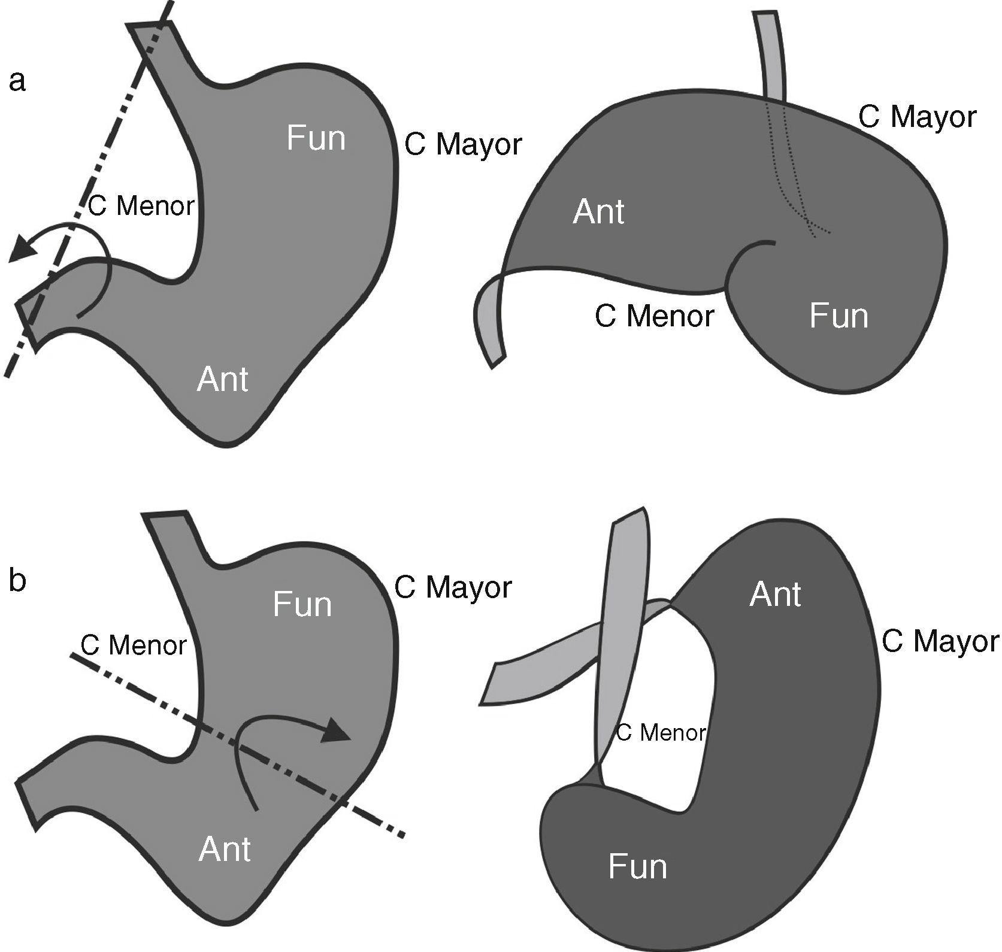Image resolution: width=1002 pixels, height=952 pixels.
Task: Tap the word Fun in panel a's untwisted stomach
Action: [316, 138]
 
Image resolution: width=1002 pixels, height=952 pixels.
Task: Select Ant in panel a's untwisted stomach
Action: [222, 380]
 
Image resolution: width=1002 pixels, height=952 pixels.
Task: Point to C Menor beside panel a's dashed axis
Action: [141, 206]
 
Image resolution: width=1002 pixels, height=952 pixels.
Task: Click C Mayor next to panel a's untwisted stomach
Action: [463, 144]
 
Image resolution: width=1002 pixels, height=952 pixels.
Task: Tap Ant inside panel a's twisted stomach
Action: [598, 212]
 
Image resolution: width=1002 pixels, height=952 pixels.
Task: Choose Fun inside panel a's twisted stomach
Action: [838, 316]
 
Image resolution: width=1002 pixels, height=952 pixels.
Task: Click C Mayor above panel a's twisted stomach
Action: [917, 117]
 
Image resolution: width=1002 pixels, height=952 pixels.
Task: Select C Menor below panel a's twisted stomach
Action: [654, 316]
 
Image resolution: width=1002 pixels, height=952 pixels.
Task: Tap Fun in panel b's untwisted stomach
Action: [302, 604]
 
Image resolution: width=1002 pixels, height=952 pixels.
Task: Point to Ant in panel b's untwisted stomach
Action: [224, 849]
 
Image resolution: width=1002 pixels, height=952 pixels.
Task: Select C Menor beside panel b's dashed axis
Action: [134, 645]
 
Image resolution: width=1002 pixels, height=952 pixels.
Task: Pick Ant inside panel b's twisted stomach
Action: [775, 595]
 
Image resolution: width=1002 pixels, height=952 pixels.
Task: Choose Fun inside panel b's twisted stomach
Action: [637, 866]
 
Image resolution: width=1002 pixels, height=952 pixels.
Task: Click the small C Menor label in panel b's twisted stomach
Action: [661, 733]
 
